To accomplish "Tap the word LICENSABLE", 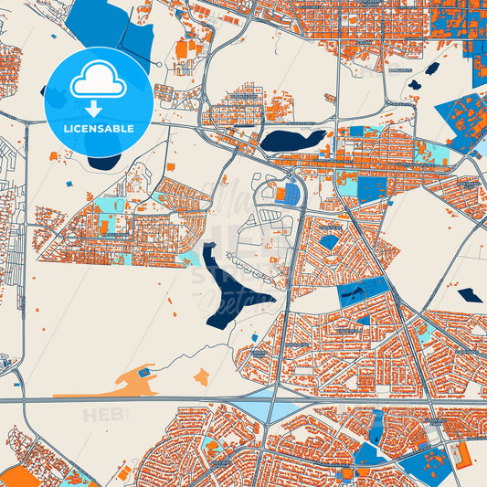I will coord(98,128).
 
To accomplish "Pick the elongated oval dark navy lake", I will coord(292,140).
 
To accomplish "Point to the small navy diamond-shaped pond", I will coord(470,295).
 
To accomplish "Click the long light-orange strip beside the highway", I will coord(101,389).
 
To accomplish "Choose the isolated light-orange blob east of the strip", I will coord(202,376).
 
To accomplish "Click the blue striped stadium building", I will coord(291,194).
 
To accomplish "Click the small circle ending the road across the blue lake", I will coord(160,65).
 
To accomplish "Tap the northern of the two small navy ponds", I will coord(432,69).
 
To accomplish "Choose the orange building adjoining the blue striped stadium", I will coord(280,194).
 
